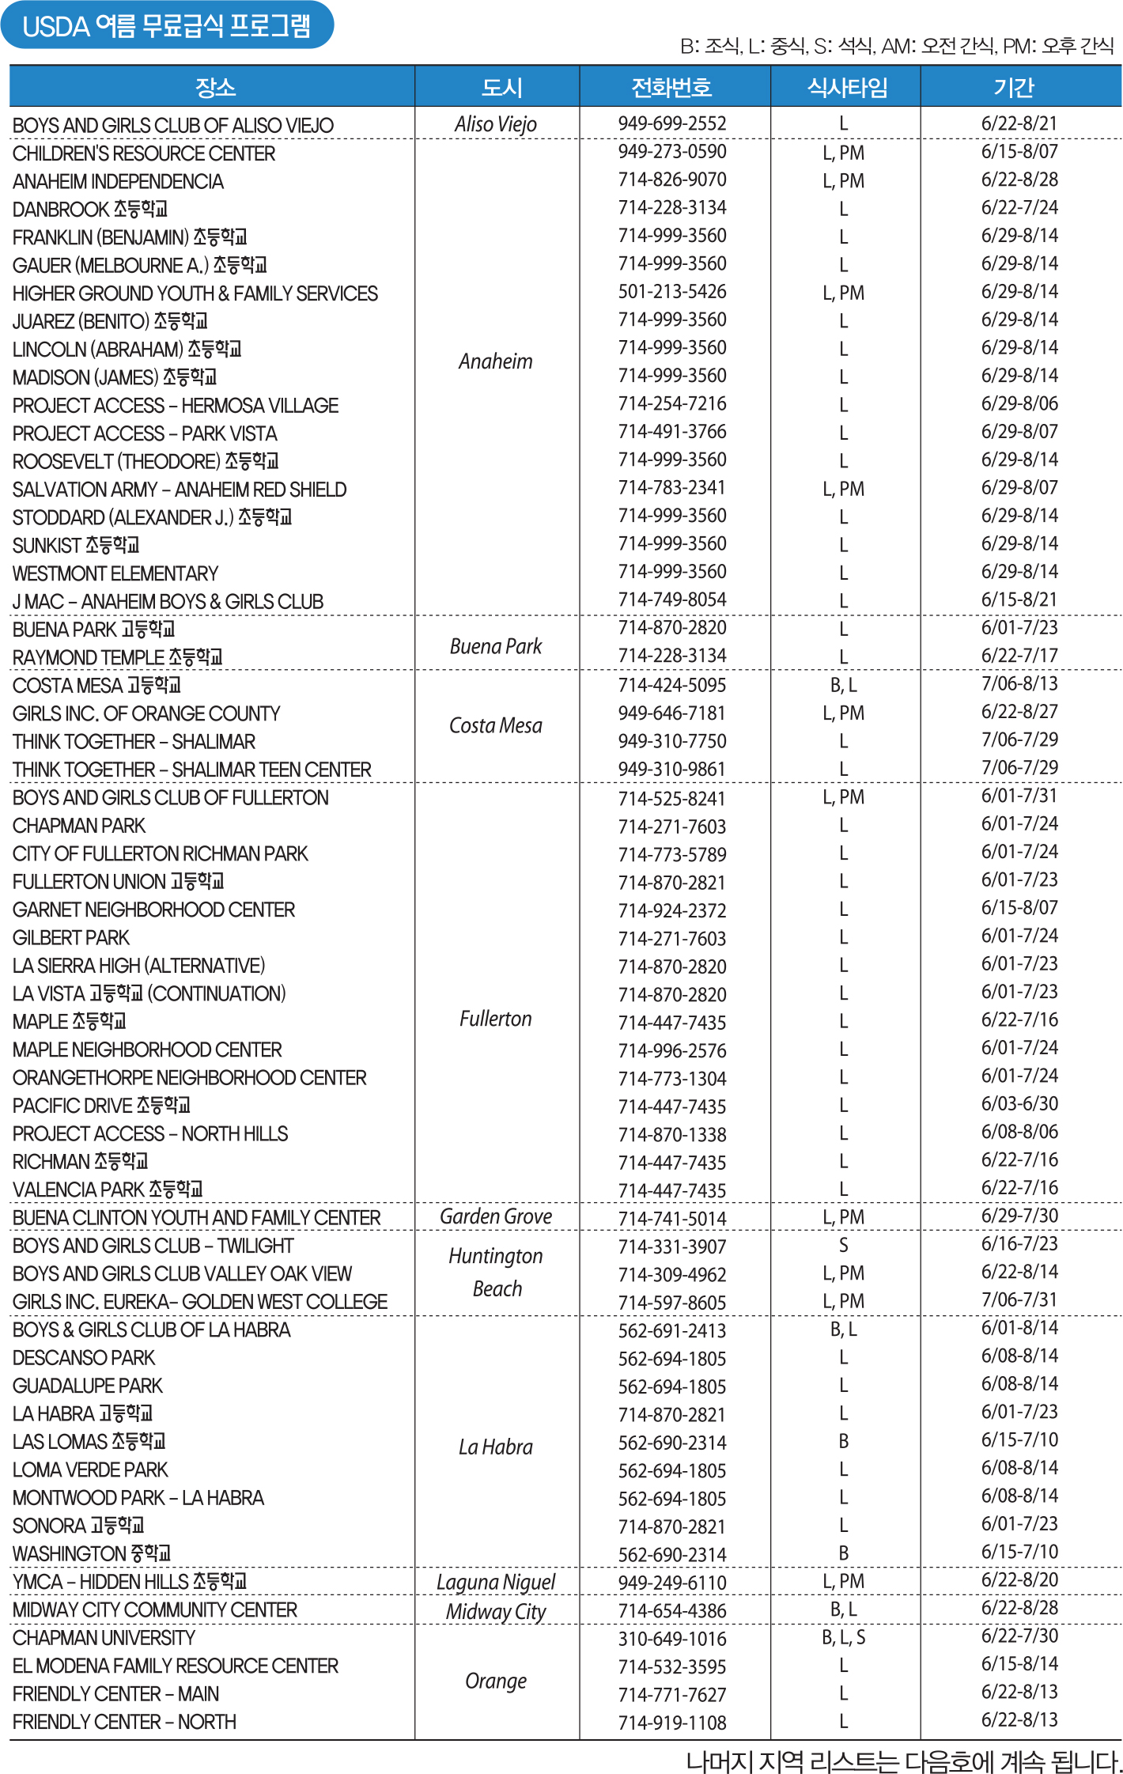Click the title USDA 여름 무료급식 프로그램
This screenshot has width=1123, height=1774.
[x=166, y=26]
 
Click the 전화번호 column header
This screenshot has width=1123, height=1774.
[x=671, y=87]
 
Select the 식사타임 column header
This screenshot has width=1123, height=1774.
[x=847, y=87]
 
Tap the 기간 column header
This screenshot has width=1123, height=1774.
[x=1014, y=87]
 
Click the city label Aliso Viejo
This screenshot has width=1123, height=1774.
[x=496, y=124]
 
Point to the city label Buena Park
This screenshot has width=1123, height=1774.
[x=496, y=647]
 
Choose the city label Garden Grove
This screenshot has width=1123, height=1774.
[x=496, y=1216]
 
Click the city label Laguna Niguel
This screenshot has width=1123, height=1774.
[x=496, y=1583]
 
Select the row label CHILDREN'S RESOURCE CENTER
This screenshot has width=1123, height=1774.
[x=144, y=153]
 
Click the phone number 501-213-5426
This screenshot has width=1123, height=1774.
[x=672, y=292]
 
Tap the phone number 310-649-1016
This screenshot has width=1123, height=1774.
[x=672, y=1639]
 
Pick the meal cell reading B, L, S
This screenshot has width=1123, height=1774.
[x=844, y=1638]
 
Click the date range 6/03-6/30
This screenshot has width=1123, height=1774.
[x=1019, y=1104]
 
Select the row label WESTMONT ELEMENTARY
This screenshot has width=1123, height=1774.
[x=115, y=573]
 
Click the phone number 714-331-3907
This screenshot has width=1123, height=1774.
[x=672, y=1247]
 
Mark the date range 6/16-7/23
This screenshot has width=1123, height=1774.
[x=1019, y=1244]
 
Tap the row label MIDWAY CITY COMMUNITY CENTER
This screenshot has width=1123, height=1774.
[x=155, y=1610]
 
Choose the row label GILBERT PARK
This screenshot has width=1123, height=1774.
[x=71, y=938]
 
